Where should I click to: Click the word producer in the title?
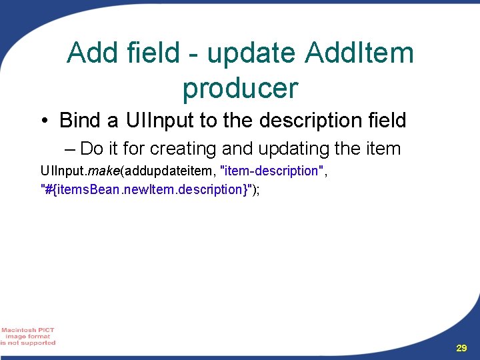coord(240,87)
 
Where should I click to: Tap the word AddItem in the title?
coord(359,53)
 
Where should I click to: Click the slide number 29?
coord(461,348)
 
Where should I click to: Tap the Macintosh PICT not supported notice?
coord(28,337)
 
